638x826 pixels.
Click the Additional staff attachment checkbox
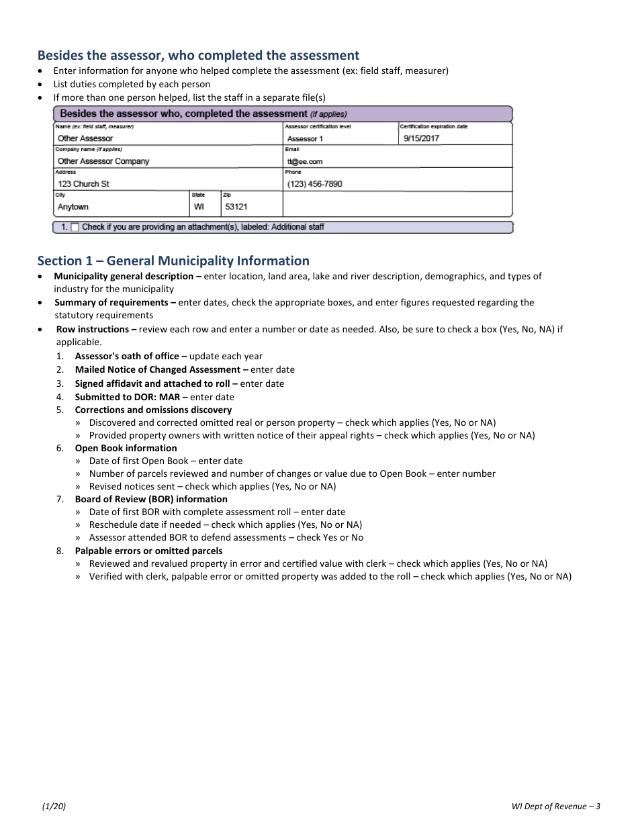click(x=75, y=227)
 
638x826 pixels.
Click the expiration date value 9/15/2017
click(x=421, y=138)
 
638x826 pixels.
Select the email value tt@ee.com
click(x=305, y=162)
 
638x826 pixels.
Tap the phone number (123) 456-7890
click(x=314, y=184)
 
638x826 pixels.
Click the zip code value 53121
click(x=236, y=207)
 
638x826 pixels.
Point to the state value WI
click(x=199, y=207)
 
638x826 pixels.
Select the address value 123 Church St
click(x=83, y=184)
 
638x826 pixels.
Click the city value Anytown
click(x=73, y=207)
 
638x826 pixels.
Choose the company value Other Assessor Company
click(x=103, y=161)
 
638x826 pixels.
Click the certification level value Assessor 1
click(x=305, y=139)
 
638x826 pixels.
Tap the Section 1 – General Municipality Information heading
click(x=173, y=261)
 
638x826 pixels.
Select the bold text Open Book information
click(x=126, y=448)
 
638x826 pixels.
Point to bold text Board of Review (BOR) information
click(x=151, y=499)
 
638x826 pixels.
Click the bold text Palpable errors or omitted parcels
click(x=148, y=551)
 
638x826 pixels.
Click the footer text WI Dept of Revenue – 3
click(x=555, y=807)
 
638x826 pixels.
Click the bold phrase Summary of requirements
click(x=111, y=302)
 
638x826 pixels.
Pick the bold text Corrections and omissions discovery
click(x=153, y=410)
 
